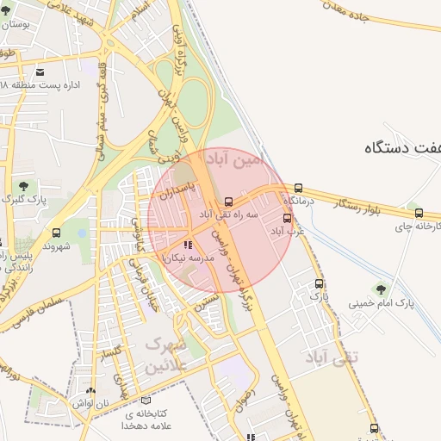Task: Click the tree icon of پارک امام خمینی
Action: [381, 289]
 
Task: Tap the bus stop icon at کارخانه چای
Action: [419, 213]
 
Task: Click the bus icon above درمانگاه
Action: [298, 188]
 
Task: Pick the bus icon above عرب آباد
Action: [287, 218]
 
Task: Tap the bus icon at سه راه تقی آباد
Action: [227, 201]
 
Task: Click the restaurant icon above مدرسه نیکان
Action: [189, 246]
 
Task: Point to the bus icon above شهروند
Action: [57, 233]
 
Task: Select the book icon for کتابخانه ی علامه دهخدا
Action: [144, 401]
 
